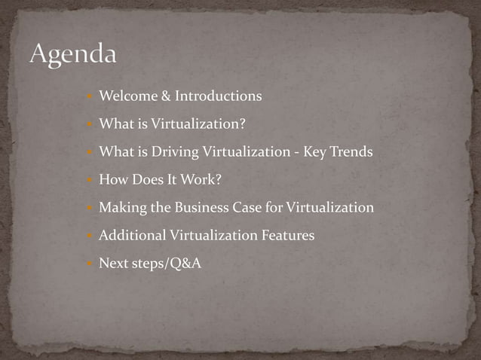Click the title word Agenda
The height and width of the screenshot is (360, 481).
pyautogui.click(x=73, y=54)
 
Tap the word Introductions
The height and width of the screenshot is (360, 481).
pyautogui.click(x=219, y=96)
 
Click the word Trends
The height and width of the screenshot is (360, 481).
pyautogui.click(x=349, y=152)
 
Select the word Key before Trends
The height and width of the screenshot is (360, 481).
pyautogui.click(x=312, y=152)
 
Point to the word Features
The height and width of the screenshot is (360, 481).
pyautogui.click(x=288, y=236)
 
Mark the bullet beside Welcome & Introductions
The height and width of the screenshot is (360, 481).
pyautogui.click(x=90, y=97)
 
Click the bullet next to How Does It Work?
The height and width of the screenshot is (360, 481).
pyautogui.click(x=90, y=181)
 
